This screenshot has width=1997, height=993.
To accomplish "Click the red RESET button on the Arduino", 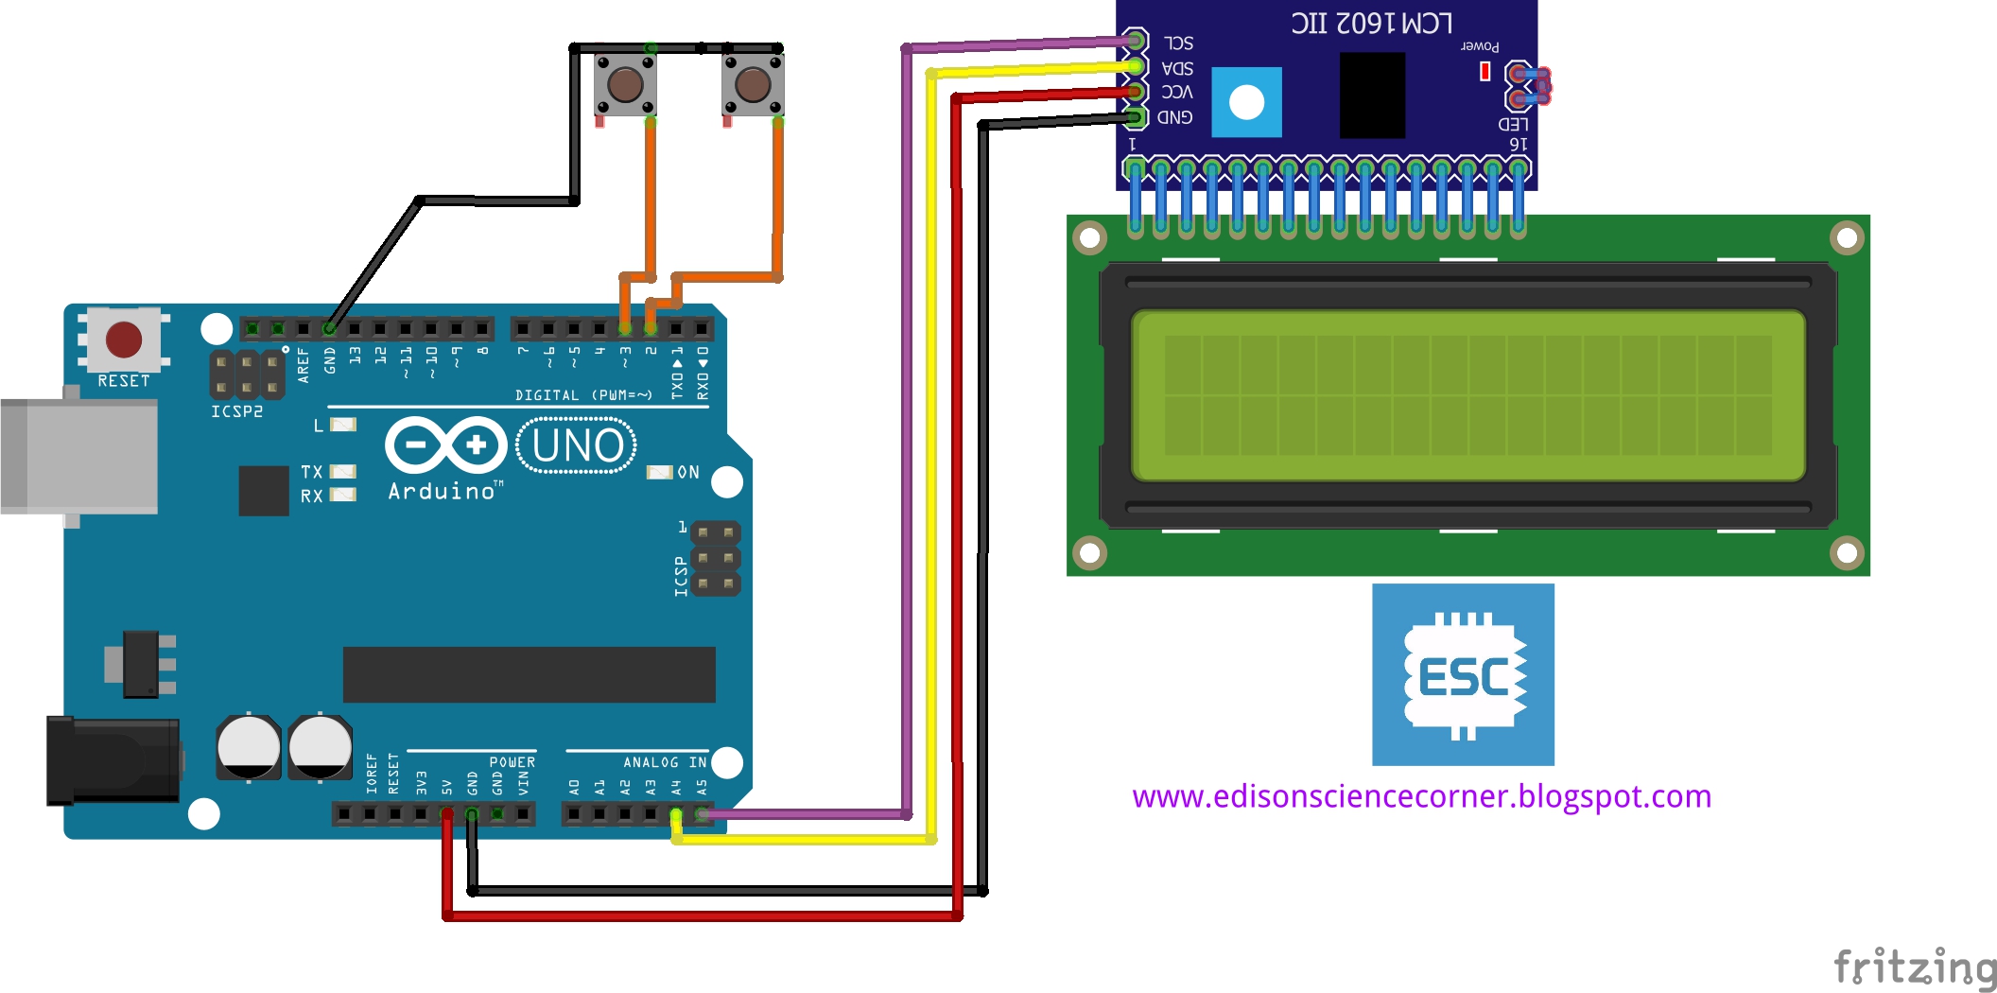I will (x=124, y=340).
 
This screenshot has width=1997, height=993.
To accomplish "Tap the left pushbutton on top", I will (x=625, y=84).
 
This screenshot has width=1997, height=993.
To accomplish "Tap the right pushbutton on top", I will (x=753, y=84).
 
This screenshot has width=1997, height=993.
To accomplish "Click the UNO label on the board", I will (x=577, y=446).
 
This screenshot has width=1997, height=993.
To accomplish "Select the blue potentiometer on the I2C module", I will (x=1246, y=102).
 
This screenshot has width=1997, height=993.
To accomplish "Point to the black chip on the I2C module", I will (x=1372, y=95).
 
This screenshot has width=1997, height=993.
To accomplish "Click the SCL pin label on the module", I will (x=1178, y=44).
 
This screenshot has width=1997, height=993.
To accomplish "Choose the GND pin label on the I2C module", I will (x=1174, y=117).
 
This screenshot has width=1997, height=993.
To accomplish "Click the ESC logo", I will (x=1463, y=674).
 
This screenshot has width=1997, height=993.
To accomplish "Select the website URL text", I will (x=1421, y=796).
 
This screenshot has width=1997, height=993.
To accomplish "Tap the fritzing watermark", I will (x=1915, y=967).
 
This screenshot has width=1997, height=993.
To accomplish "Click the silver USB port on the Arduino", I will (x=79, y=456).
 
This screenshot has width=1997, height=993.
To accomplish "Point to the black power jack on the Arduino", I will (x=113, y=760).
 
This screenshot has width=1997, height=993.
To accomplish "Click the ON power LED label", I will (x=688, y=472).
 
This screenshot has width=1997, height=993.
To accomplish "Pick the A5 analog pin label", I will (x=702, y=787).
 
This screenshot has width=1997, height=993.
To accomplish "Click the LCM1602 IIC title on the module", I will (x=1371, y=23).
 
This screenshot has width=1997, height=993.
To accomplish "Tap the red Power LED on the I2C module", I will (x=1485, y=71).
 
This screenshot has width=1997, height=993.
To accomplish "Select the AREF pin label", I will (x=304, y=364).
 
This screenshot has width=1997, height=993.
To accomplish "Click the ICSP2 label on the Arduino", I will (x=236, y=411).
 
